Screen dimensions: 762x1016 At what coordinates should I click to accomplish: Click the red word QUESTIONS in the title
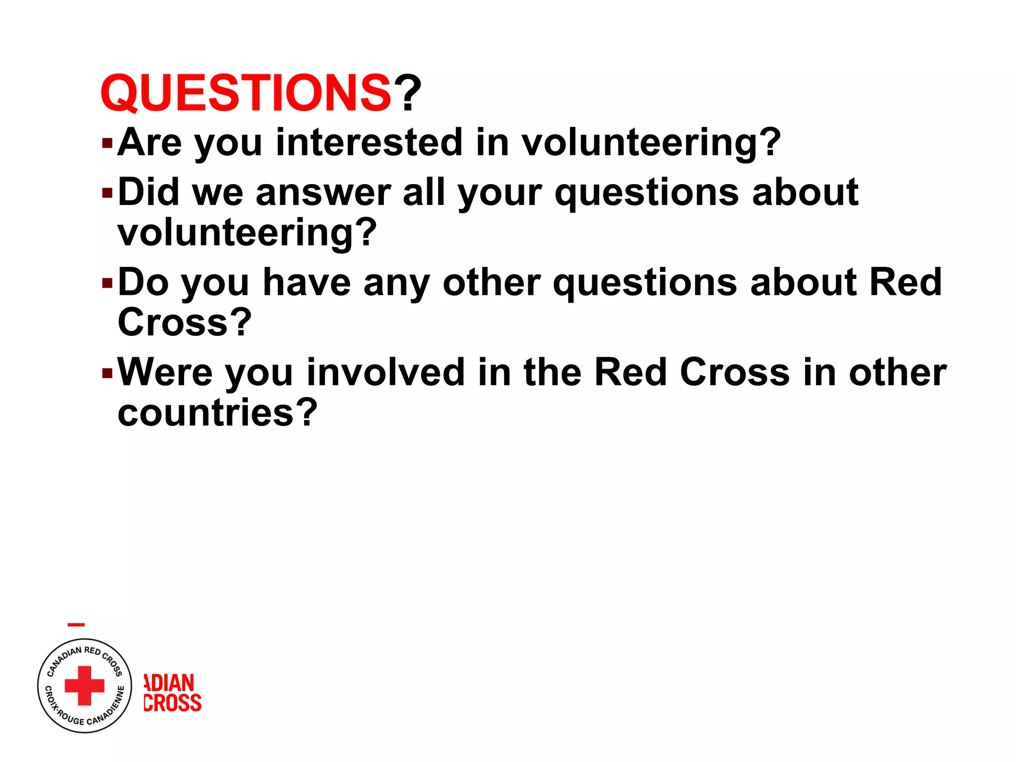(246, 93)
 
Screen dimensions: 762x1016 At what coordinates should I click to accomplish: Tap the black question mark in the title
(407, 93)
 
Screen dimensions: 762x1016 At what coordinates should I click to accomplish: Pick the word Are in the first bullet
(149, 142)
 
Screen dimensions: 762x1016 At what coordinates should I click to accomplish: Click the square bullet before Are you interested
(107, 144)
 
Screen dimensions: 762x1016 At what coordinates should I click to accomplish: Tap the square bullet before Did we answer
(107, 193)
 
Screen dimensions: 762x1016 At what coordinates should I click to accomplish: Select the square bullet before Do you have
(107, 283)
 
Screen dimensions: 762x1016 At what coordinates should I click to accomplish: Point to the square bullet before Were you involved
(107, 373)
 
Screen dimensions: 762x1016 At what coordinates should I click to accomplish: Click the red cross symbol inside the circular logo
(85, 686)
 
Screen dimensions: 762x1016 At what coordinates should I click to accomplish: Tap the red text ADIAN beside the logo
(169, 683)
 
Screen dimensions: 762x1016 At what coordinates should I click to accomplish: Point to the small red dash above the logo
(76, 625)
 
